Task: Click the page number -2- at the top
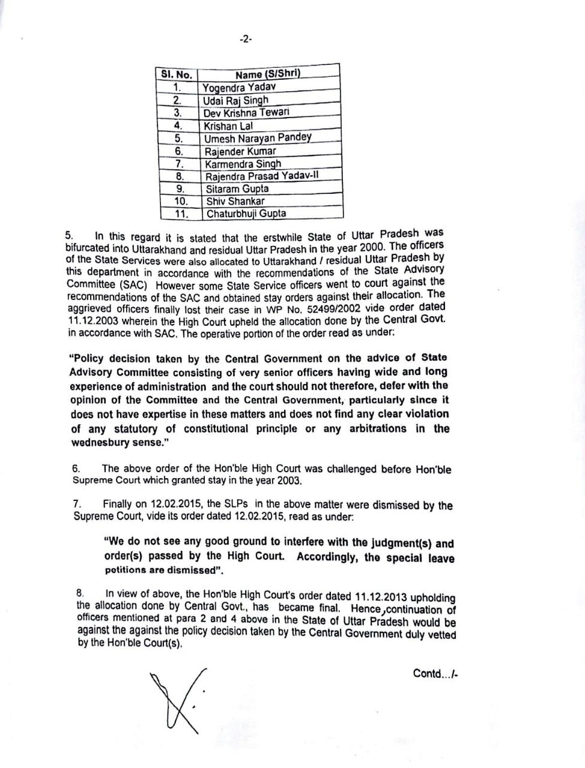tap(245, 39)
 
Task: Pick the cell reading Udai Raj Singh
tap(236, 100)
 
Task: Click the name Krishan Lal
tap(228, 126)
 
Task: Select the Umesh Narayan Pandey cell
tap(258, 138)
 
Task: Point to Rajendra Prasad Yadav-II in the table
tap(262, 176)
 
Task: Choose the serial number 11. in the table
tap(181, 214)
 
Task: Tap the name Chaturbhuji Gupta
tap(246, 214)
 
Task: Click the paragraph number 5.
tap(68, 236)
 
